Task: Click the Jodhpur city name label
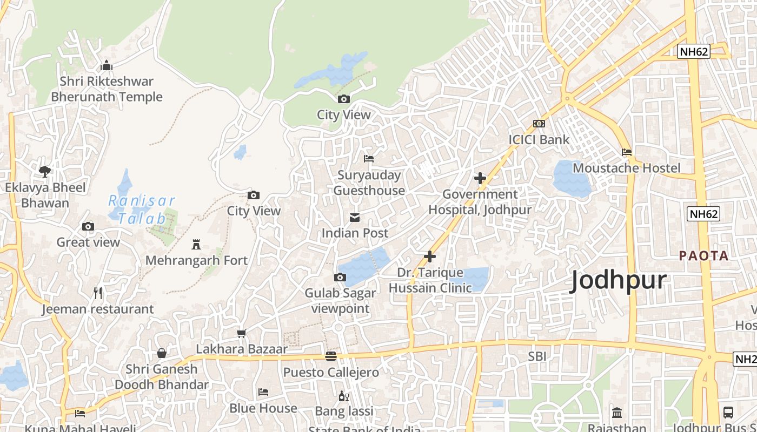(619, 281)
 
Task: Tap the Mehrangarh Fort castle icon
(196, 244)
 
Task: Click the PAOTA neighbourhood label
(704, 255)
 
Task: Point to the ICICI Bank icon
(539, 124)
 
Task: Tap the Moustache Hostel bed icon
(627, 152)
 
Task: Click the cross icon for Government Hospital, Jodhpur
(480, 178)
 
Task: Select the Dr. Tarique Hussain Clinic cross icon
(430, 256)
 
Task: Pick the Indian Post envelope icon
(355, 218)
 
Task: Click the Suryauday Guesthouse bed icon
(369, 159)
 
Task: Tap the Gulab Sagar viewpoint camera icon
(340, 278)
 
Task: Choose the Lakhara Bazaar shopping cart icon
(242, 334)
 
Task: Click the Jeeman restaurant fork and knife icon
(98, 293)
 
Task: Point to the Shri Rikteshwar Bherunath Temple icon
(107, 66)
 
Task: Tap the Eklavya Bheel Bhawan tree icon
(45, 172)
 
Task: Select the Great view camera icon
(88, 227)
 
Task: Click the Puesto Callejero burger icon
(331, 356)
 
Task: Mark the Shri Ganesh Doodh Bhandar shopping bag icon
(161, 353)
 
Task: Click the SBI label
(537, 356)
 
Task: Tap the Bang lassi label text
(344, 411)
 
